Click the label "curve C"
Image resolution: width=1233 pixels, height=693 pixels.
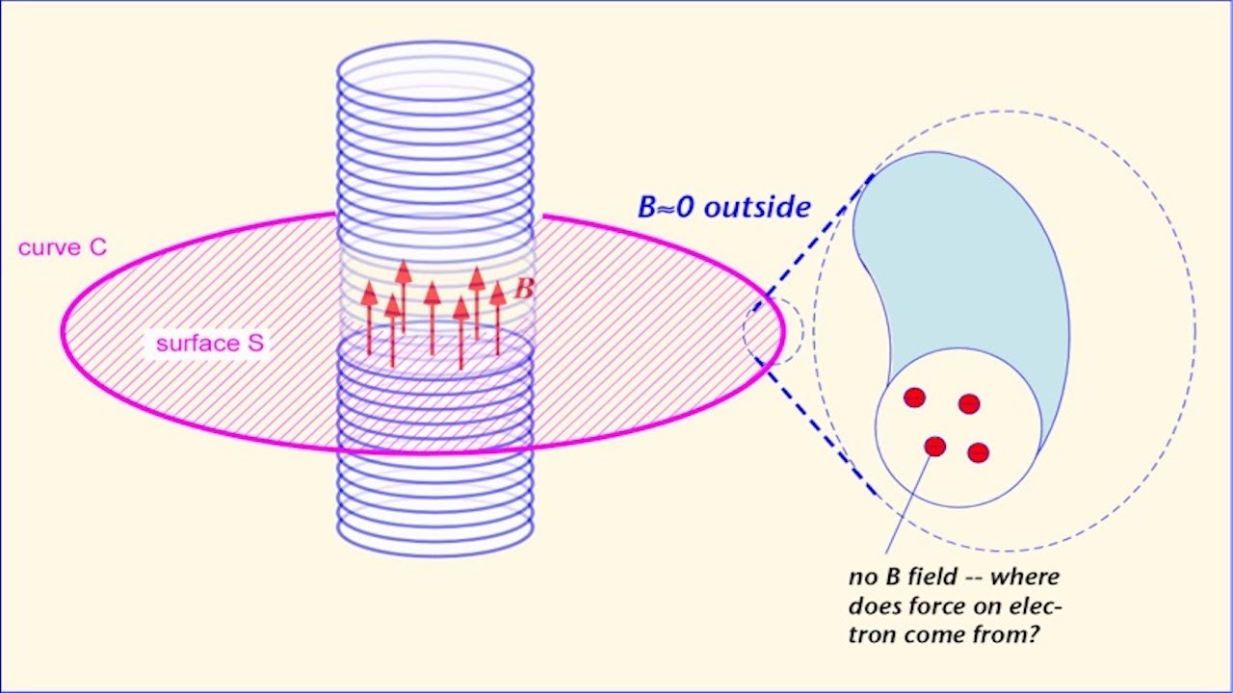[63, 247]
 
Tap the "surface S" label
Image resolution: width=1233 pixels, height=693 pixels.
[209, 343]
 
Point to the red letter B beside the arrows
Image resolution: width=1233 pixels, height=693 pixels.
[524, 288]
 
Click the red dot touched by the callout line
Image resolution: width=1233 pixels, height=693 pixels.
[934, 447]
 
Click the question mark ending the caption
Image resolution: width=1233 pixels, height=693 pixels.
[1036, 635]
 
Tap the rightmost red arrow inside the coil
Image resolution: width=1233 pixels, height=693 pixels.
[498, 318]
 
